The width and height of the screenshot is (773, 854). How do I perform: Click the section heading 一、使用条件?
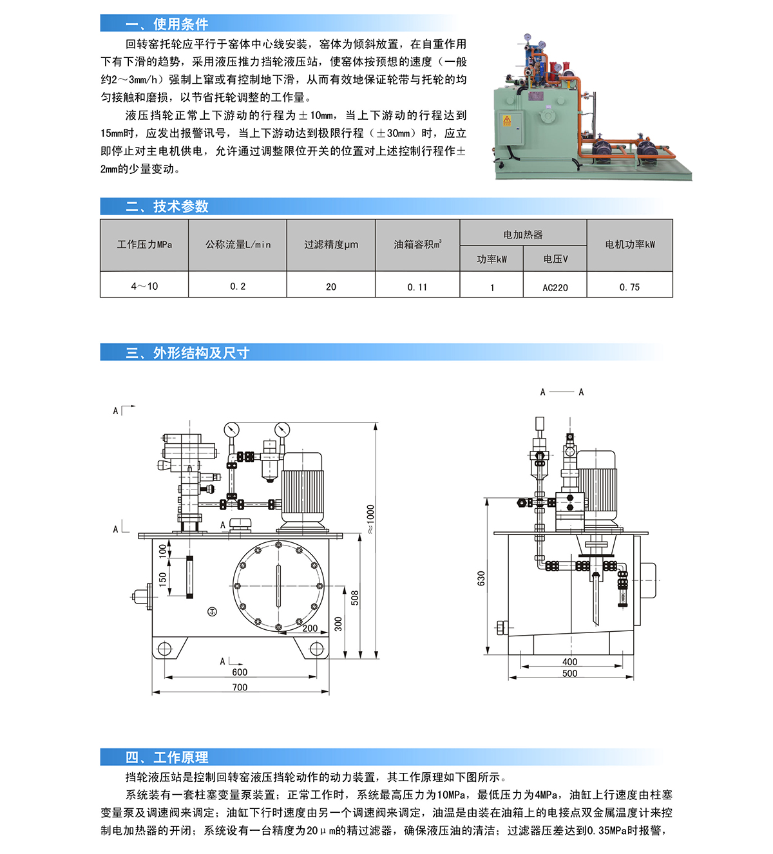(167, 24)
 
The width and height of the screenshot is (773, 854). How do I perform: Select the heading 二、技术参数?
(167, 207)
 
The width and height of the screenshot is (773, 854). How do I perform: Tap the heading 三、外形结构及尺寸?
(187, 353)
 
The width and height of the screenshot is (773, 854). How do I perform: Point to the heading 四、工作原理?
(167, 757)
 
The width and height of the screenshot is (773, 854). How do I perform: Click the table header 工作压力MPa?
(144, 245)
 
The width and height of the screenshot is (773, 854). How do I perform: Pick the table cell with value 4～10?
(144, 287)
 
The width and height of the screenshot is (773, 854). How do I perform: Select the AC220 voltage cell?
(555, 287)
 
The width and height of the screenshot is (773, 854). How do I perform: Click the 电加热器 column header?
(523, 234)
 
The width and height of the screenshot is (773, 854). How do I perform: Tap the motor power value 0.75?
(629, 287)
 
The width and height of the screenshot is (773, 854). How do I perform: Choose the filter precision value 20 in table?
(331, 287)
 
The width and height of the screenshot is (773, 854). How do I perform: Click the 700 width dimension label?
(240, 687)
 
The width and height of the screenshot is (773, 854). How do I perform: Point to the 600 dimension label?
(240, 672)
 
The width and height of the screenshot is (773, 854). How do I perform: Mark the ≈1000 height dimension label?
(370, 518)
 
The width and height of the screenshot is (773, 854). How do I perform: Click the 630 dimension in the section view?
(481, 578)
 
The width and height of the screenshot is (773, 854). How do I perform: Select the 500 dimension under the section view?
(569, 674)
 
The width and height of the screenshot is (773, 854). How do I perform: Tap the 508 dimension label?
(354, 598)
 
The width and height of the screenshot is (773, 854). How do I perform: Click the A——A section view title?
(562, 392)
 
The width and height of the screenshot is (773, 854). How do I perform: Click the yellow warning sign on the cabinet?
(507, 120)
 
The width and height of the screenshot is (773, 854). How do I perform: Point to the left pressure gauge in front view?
(231, 430)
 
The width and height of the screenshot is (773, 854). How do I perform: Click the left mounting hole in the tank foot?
(165, 649)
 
